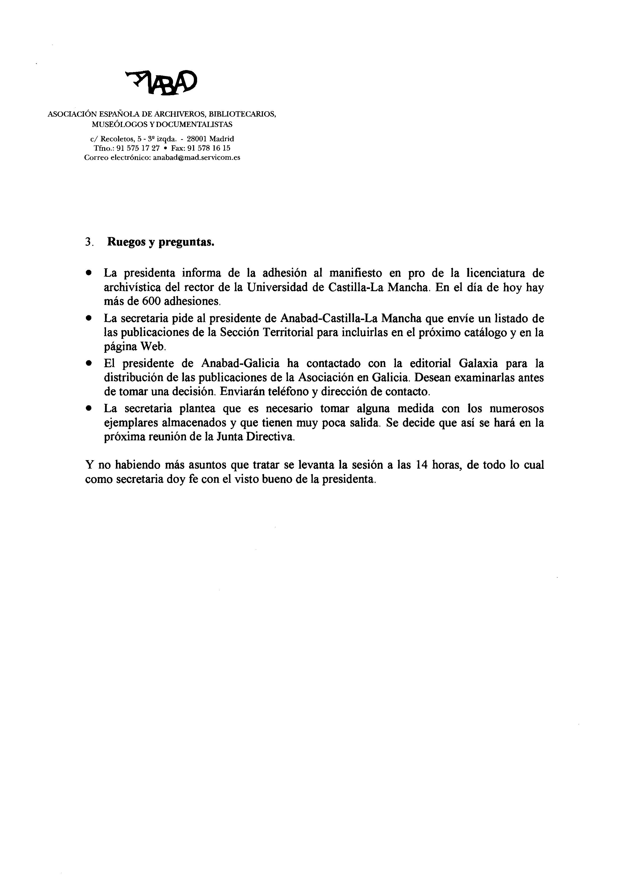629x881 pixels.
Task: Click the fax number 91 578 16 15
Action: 209,148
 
